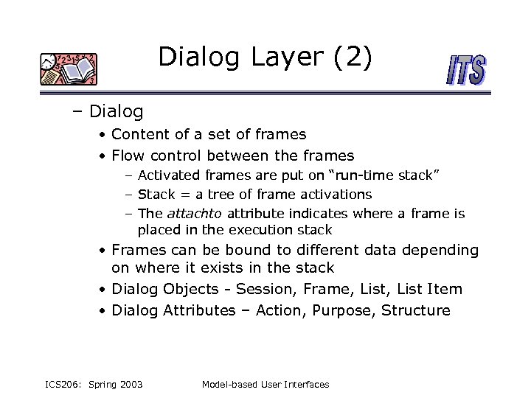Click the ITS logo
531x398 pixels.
(467, 70)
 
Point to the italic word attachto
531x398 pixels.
(195, 214)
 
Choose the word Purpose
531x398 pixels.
(344, 310)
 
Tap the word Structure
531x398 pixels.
(416, 310)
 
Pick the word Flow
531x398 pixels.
(128, 156)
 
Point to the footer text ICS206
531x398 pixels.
(62, 384)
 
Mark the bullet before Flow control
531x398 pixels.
(104, 156)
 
